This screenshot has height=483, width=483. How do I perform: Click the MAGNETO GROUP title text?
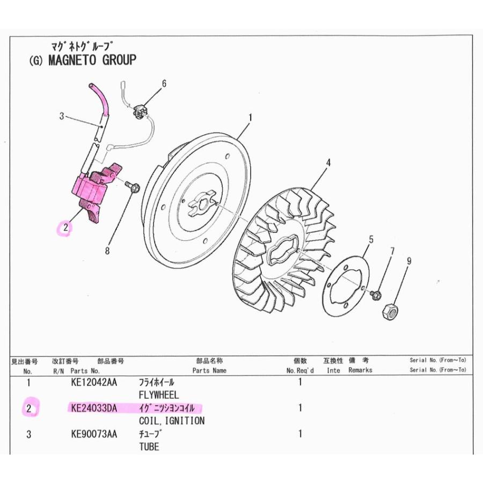(x=92, y=60)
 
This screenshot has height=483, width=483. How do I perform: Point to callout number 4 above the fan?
(x=328, y=163)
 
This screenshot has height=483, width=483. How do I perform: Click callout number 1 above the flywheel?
(x=251, y=118)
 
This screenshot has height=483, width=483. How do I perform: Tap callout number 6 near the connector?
(x=164, y=84)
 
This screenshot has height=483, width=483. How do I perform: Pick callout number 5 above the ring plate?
(x=371, y=239)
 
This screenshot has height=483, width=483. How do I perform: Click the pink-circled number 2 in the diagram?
(x=65, y=228)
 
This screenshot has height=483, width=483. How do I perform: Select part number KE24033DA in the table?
(x=94, y=408)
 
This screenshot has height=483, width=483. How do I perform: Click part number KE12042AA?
(x=94, y=382)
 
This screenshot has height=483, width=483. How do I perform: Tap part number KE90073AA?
(x=94, y=434)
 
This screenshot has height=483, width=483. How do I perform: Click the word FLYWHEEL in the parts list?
(x=159, y=395)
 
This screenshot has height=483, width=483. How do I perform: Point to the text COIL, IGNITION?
(x=172, y=421)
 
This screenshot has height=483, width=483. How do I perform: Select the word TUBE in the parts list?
(x=149, y=447)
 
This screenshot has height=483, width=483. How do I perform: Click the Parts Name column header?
(x=209, y=370)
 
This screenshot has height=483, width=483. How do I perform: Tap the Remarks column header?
(x=360, y=370)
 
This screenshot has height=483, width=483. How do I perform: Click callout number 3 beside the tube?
(x=62, y=116)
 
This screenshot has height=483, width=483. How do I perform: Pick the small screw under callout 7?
(x=376, y=294)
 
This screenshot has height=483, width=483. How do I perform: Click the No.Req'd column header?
(x=300, y=370)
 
